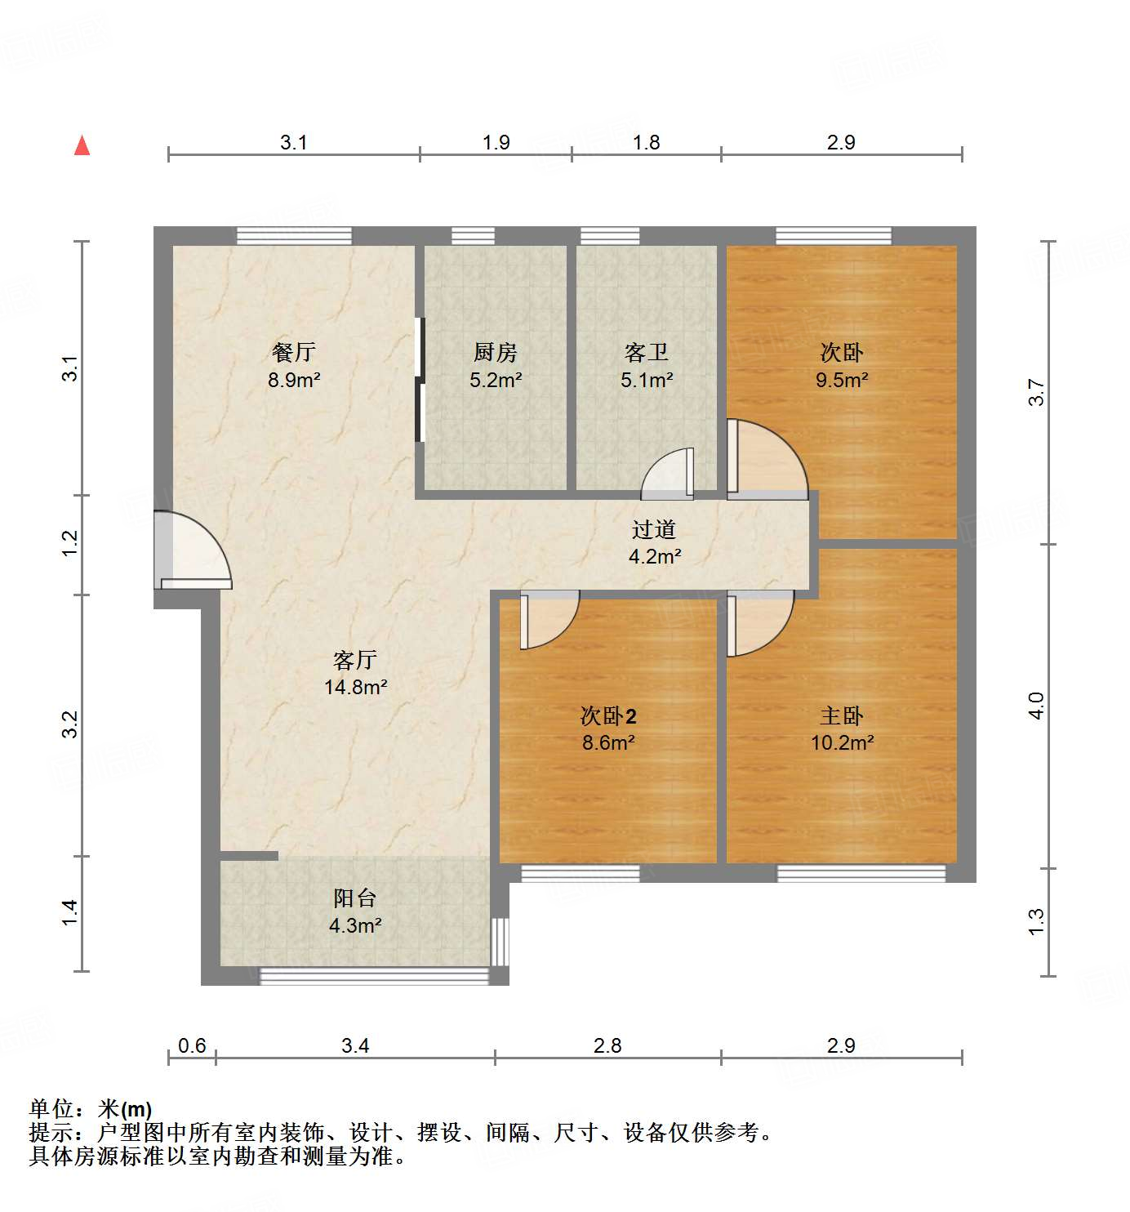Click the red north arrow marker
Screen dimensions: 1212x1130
(82, 145)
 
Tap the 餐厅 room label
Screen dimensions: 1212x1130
(293, 352)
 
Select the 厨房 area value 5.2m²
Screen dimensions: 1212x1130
(496, 380)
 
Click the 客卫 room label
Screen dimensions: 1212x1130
(646, 352)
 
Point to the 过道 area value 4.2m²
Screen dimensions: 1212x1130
(654, 557)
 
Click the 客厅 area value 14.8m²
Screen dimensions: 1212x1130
(355, 687)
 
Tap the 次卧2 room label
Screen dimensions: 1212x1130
(608, 716)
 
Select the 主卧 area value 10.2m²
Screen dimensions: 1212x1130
(842, 742)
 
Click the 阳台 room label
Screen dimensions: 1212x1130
(355, 898)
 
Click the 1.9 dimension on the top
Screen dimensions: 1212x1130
(496, 142)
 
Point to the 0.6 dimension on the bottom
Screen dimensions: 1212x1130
(192, 1045)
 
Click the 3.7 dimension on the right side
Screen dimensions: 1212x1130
(1036, 393)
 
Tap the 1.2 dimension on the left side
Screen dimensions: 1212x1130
(70, 544)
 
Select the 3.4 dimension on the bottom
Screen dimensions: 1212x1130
(355, 1045)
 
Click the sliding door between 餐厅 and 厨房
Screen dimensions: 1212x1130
(420, 380)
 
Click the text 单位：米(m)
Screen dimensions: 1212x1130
(91, 1108)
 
